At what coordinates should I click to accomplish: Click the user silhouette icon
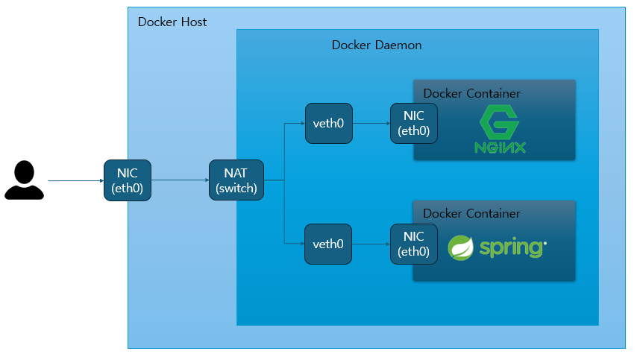coord(25,180)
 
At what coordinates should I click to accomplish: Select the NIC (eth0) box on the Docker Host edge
coord(128,180)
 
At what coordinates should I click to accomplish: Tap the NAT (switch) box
coord(236,180)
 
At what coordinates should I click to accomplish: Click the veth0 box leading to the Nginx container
coord(328,124)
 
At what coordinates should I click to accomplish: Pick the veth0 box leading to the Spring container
coord(328,244)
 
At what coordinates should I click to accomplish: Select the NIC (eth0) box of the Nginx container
coord(414,124)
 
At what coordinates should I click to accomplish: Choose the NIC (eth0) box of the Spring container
coord(414,244)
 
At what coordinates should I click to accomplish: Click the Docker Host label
coord(172,22)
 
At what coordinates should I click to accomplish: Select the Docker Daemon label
coord(377,45)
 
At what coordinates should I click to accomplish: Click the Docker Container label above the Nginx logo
coord(471,94)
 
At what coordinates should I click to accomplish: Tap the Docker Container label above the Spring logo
coord(471,214)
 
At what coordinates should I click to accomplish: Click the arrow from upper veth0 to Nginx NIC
coord(371,124)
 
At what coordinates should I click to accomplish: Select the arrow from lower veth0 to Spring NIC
coord(371,244)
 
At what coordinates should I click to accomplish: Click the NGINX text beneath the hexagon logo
coord(500,147)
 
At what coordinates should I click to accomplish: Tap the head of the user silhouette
coord(25,171)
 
